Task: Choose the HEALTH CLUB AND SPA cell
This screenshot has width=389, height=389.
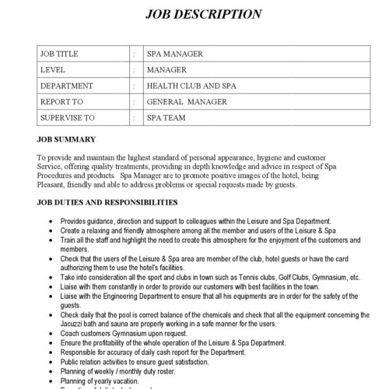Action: tap(190, 86)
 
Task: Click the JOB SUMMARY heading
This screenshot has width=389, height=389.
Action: tap(66, 140)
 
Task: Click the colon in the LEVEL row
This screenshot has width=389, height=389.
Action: tap(135, 70)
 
